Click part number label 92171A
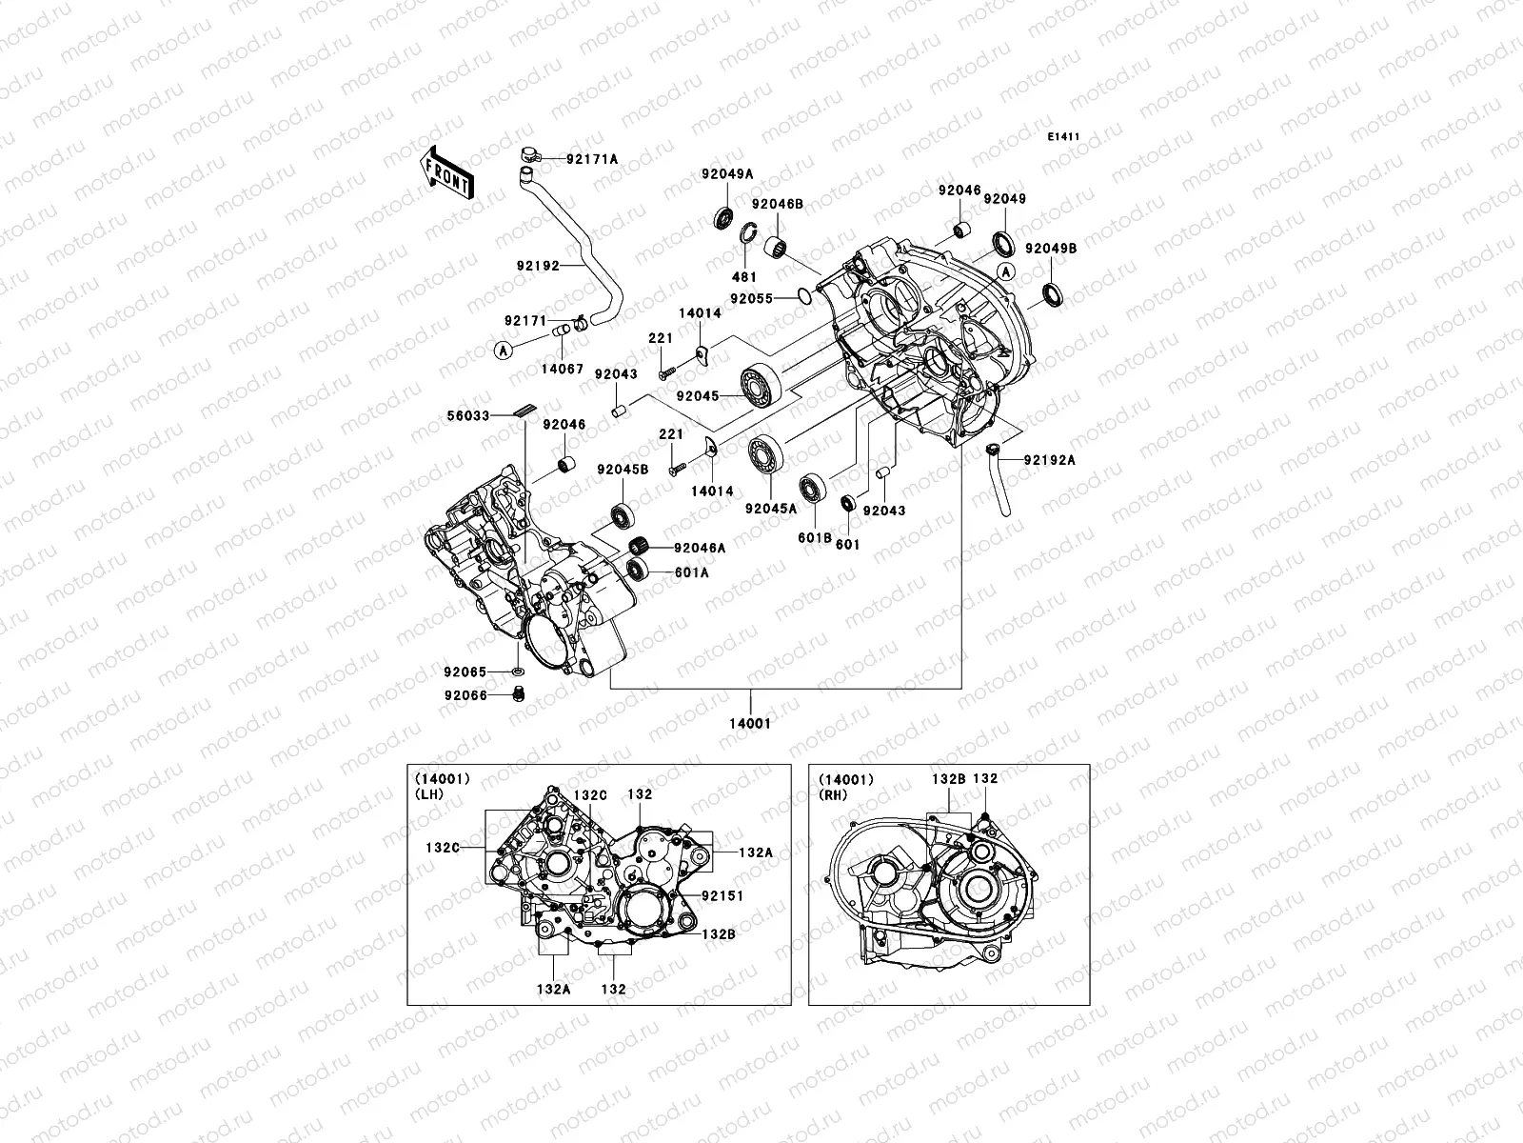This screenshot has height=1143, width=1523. tap(591, 159)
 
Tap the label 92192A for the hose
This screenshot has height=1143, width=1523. tap(1049, 460)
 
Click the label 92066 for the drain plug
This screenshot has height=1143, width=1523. tap(465, 695)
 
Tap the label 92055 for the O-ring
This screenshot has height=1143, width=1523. tap(751, 297)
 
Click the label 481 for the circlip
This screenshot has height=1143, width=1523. tap(744, 277)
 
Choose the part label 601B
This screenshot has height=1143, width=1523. tap(809, 538)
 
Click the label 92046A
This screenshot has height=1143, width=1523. tap(700, 548)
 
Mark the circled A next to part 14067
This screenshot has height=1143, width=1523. tap(503, 351)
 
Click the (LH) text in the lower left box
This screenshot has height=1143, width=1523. tap(427, 792)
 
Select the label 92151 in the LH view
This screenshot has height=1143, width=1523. tap(722, 895)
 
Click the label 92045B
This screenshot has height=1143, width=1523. tap(623, 470)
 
